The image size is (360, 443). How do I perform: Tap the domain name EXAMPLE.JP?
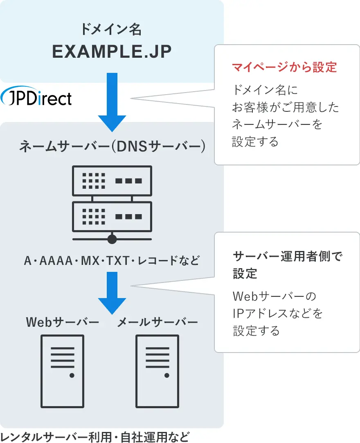coord(111,52)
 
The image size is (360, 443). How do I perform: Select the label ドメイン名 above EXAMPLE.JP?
coord(111,29)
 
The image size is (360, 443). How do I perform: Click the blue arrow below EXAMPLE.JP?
coord(112,102)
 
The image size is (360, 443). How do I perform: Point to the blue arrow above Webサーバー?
coord(112,292)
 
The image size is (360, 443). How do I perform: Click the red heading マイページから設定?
coord(284,67)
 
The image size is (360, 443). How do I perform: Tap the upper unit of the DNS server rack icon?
coord(112,181)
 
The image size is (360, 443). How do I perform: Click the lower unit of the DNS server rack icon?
coord(112,216)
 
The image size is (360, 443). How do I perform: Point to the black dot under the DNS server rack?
coord(112,239)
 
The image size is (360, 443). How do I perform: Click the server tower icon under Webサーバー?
coord(63,371)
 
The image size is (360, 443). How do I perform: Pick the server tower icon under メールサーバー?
coord(157,371)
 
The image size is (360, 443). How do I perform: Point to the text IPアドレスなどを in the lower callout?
coord(278,313)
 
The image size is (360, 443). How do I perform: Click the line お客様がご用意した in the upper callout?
coord(286,107)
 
